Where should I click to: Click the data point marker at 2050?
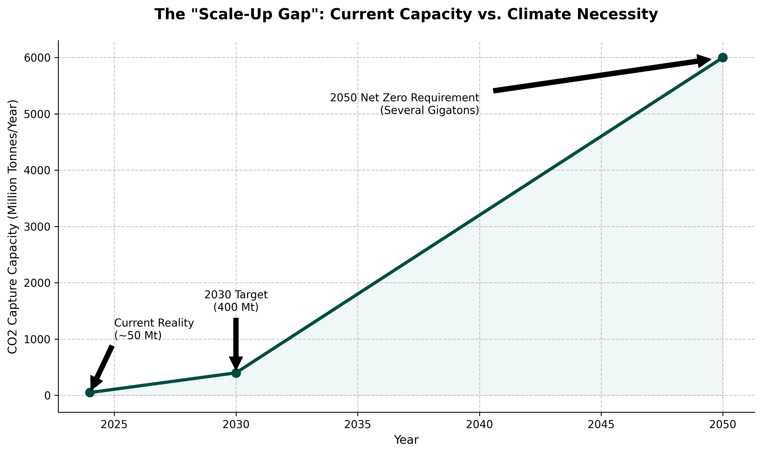[722, 57]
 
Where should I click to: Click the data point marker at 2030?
[236, 373]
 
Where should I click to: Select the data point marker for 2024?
[90, 392]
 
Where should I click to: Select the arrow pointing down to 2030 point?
[236, 343]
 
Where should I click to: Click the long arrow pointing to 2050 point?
[600, 75]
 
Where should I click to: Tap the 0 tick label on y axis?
[47, 396]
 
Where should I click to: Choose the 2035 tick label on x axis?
[357, 425]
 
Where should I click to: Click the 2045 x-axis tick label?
[601, 425]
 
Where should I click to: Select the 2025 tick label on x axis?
[114, 425]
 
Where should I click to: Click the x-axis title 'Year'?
[406, 440]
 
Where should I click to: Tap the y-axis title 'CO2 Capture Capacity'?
[13, 226]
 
